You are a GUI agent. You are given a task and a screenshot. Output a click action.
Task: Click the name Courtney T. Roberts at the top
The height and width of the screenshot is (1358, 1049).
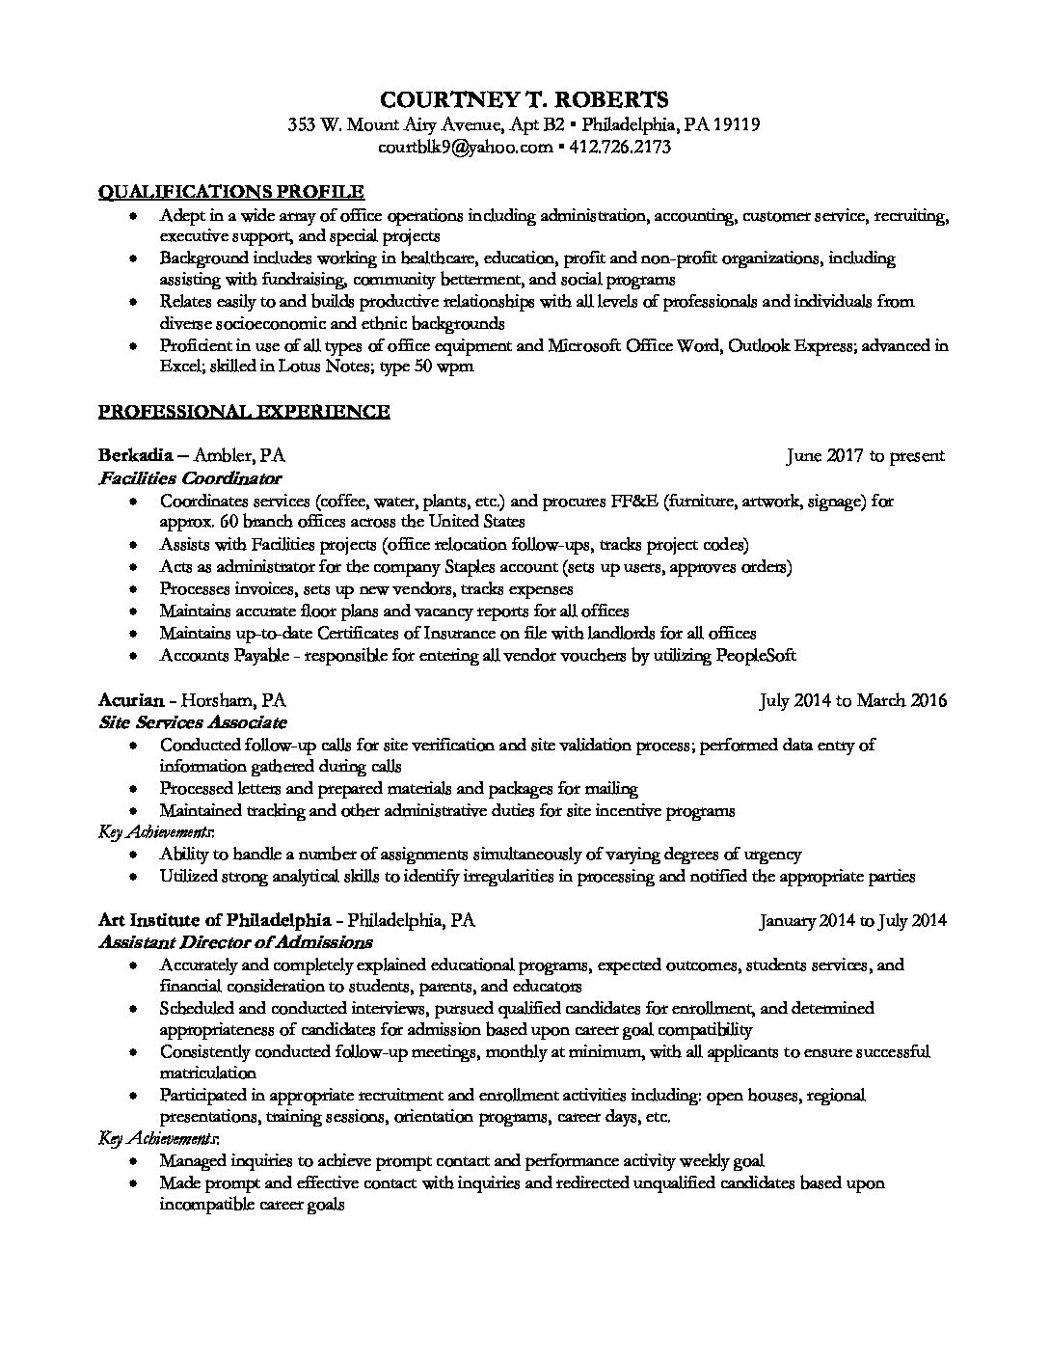pos(524,99)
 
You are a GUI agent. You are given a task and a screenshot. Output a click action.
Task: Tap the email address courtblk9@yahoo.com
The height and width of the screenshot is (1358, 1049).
pos(466,148)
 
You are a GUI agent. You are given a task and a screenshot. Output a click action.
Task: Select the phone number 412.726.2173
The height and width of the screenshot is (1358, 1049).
pos(619,148)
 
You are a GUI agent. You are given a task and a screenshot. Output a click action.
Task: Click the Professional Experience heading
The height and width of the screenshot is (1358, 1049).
pos(244,412)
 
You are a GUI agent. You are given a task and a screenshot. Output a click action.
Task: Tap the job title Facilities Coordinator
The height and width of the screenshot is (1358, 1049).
pos(190,477)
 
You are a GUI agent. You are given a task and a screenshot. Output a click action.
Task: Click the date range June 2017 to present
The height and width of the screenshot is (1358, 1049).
pos(865,455)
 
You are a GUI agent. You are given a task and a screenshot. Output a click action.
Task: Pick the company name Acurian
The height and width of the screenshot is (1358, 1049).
pos(133,700)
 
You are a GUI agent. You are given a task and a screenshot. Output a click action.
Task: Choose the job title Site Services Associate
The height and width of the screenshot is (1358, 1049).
pos(193,722)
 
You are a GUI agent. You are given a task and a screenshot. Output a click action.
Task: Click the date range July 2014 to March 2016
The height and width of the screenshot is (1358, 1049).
pos(852,700)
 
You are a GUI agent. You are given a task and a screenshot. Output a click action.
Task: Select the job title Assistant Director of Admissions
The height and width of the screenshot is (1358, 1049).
pos(235,942)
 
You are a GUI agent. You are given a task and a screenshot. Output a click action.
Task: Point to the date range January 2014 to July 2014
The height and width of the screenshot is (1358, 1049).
pos(852,920)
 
